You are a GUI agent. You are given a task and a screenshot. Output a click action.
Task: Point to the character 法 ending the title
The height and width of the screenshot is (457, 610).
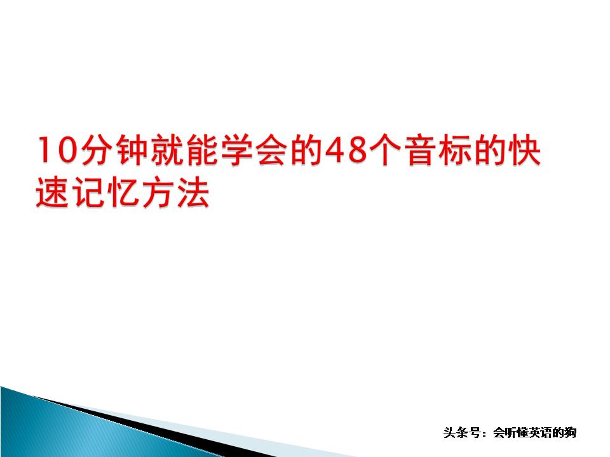click(x=193, y=194)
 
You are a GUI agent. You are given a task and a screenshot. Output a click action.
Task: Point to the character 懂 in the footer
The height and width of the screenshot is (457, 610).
click(x=517, y=433)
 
